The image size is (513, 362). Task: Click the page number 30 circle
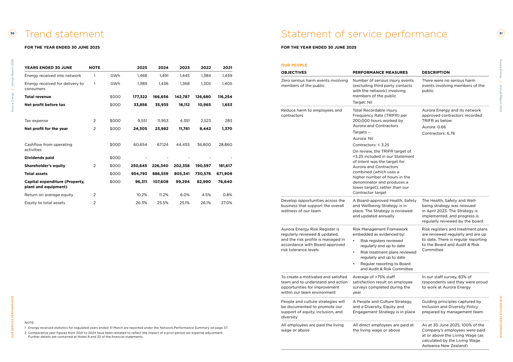pyautogui.click(x=12, y=34)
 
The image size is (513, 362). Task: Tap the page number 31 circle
pyautogui.click(x=501, y=34)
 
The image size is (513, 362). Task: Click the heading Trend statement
pyautogui.click(x=64, y=34)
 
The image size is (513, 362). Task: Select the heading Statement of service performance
pyautogui.click(x=364, y=34)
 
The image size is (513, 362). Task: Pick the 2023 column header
pyautogui.click(x=184, y=68)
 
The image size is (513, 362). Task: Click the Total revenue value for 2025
pyautogui.click(x=140, y=97)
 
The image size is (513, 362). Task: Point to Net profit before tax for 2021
pyautogui.click(x=227, y=105)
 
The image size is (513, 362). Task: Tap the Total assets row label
pyautogui.click(x=36, y=174)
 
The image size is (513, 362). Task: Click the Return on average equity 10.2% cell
pyautogui.click(x=142, y=195)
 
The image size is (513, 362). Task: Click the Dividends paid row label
pyautogui.click(x=39, y=158)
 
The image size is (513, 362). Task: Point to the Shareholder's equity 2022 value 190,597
pyautogui.click(x=203, y=166)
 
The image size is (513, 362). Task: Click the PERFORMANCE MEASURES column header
pyautogui.click(x=380, y=73)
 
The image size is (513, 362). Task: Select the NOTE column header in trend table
pyautogui.click(x=94, y=68)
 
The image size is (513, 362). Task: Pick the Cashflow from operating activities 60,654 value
pyautogui.click(x=140, y=144)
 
